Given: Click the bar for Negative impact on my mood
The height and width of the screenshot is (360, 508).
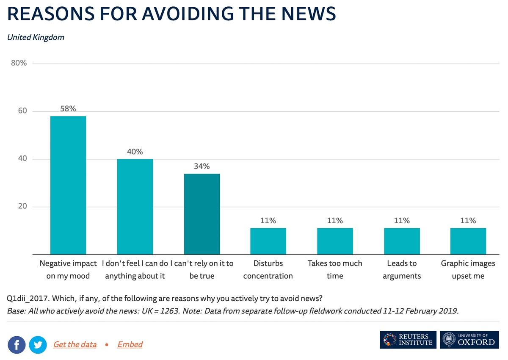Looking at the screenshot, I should (x=68, y=185).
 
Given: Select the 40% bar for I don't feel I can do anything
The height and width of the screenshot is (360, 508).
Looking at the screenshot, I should (x=135, y=207).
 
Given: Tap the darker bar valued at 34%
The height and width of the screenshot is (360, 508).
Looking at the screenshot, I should (x=202, y=214).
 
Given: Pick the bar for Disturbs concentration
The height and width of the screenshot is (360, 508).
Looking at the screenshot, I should (x=268, y=241).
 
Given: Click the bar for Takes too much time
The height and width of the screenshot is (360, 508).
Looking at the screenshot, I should (x=335, y=241).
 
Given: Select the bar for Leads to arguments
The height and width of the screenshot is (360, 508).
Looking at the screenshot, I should (x=402, y=241).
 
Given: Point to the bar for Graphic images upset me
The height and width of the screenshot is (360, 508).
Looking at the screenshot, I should (x=468, y=241).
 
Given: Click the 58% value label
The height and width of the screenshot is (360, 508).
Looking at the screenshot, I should (x=68, y=109).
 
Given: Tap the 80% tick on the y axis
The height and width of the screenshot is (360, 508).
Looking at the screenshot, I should (x=19, y=63).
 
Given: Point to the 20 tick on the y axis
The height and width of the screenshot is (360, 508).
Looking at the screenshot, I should (x=22, y=206).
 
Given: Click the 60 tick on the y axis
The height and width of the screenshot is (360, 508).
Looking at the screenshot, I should (x=22, y=111).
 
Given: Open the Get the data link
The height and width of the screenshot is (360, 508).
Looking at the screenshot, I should (x=75, y=344).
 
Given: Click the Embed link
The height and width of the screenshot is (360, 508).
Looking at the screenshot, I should (x=130, y=344).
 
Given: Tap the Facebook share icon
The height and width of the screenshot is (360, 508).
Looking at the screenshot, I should (x=17, y=345).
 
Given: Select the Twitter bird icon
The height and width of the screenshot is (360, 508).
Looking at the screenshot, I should (x=38, y=345).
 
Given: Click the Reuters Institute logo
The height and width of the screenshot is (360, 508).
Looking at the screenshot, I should (x=407, y=340).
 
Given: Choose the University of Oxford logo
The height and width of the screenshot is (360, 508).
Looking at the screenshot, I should (x=469, y=340).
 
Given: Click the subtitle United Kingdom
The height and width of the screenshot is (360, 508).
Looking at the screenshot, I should (x=36, y=37).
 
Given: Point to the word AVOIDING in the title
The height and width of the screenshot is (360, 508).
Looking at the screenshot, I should (x=187, y=14).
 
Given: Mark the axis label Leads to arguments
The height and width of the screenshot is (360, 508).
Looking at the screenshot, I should (x=402, y=269).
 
